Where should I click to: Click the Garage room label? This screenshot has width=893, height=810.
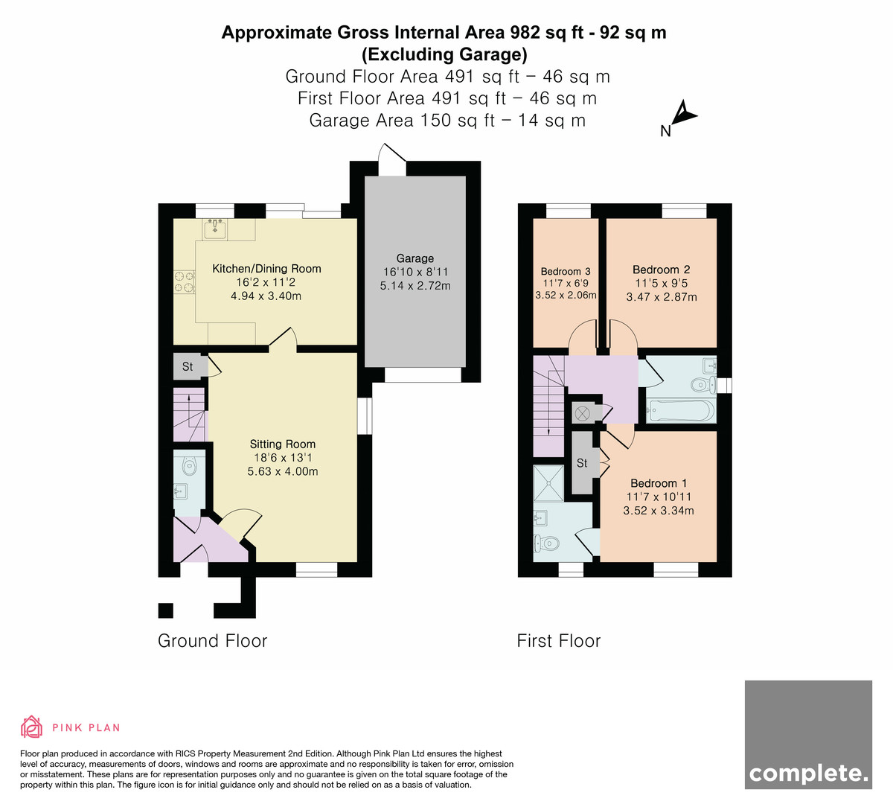coord(415,258)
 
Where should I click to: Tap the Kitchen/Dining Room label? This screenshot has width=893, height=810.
coord(266,269)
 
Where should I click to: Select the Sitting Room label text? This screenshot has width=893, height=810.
coord(283,444)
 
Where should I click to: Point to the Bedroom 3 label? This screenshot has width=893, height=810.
coord(566,271)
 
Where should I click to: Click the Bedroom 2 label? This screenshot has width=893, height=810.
coord(661,270)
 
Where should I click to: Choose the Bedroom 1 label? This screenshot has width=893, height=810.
coord(659,483)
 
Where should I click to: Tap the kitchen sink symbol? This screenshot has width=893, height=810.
coord(215,229)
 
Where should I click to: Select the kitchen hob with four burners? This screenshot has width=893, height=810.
coord(185,282)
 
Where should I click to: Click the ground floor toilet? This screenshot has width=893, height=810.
coord(189,466)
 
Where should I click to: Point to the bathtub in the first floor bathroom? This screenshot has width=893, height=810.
coord(681,410)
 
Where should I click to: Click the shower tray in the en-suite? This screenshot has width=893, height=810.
coord(548,483)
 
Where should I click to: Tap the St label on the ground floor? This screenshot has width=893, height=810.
coord(188,367)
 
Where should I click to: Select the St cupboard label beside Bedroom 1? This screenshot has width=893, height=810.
coord(582,463)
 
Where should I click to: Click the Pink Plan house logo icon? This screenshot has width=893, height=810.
coord(31,727)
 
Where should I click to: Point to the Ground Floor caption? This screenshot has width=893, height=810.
coord(212,641)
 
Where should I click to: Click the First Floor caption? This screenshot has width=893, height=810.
coord(559,641)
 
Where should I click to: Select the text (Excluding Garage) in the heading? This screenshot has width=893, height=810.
coord(444,54)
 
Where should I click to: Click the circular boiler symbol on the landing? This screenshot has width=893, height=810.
coord(582,414)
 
